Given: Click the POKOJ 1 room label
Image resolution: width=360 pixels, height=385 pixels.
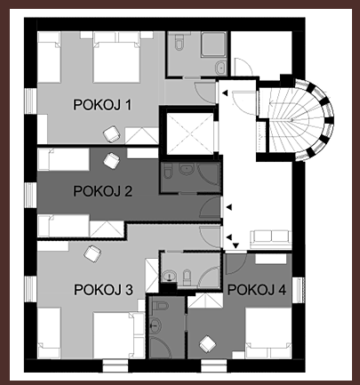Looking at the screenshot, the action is (x=102, y=105).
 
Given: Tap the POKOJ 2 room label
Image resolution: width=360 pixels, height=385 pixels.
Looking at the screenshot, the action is (x=102, y=191).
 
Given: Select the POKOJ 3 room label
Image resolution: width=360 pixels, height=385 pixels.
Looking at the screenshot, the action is (x=103, y=290).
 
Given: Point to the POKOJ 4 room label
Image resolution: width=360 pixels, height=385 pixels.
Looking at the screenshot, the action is (x=257, y=290).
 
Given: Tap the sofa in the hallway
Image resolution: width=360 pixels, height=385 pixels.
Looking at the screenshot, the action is (x=271, y=239).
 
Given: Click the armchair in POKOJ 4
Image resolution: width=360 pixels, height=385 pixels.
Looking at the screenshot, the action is (x=208, y=344).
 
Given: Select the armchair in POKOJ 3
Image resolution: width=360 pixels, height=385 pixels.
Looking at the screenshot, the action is (x=92, y=253).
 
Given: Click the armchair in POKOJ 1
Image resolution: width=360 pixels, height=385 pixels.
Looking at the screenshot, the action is (x=112, y=134).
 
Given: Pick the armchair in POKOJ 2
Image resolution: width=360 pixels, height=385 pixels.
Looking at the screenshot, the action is (x=111, y=161).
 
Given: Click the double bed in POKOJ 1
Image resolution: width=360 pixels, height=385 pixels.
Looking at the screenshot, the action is (x=116, y=57).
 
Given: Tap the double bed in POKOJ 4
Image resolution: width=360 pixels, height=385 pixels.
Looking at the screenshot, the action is (x=268, y=333).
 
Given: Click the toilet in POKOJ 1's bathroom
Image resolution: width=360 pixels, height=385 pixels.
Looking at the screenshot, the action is (x=179, y=42).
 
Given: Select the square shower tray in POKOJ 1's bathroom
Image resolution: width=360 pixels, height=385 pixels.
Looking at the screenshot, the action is (x=213, y=44).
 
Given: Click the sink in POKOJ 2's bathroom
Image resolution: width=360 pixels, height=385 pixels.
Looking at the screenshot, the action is (x=187, y=169).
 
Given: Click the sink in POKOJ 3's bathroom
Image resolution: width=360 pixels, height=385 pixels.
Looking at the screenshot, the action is (x=169, y=276).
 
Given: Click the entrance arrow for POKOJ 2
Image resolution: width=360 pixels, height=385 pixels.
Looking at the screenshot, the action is (x=229, y=207).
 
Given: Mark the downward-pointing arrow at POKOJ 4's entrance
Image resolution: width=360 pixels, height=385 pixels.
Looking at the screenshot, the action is (x=236, y=245).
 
